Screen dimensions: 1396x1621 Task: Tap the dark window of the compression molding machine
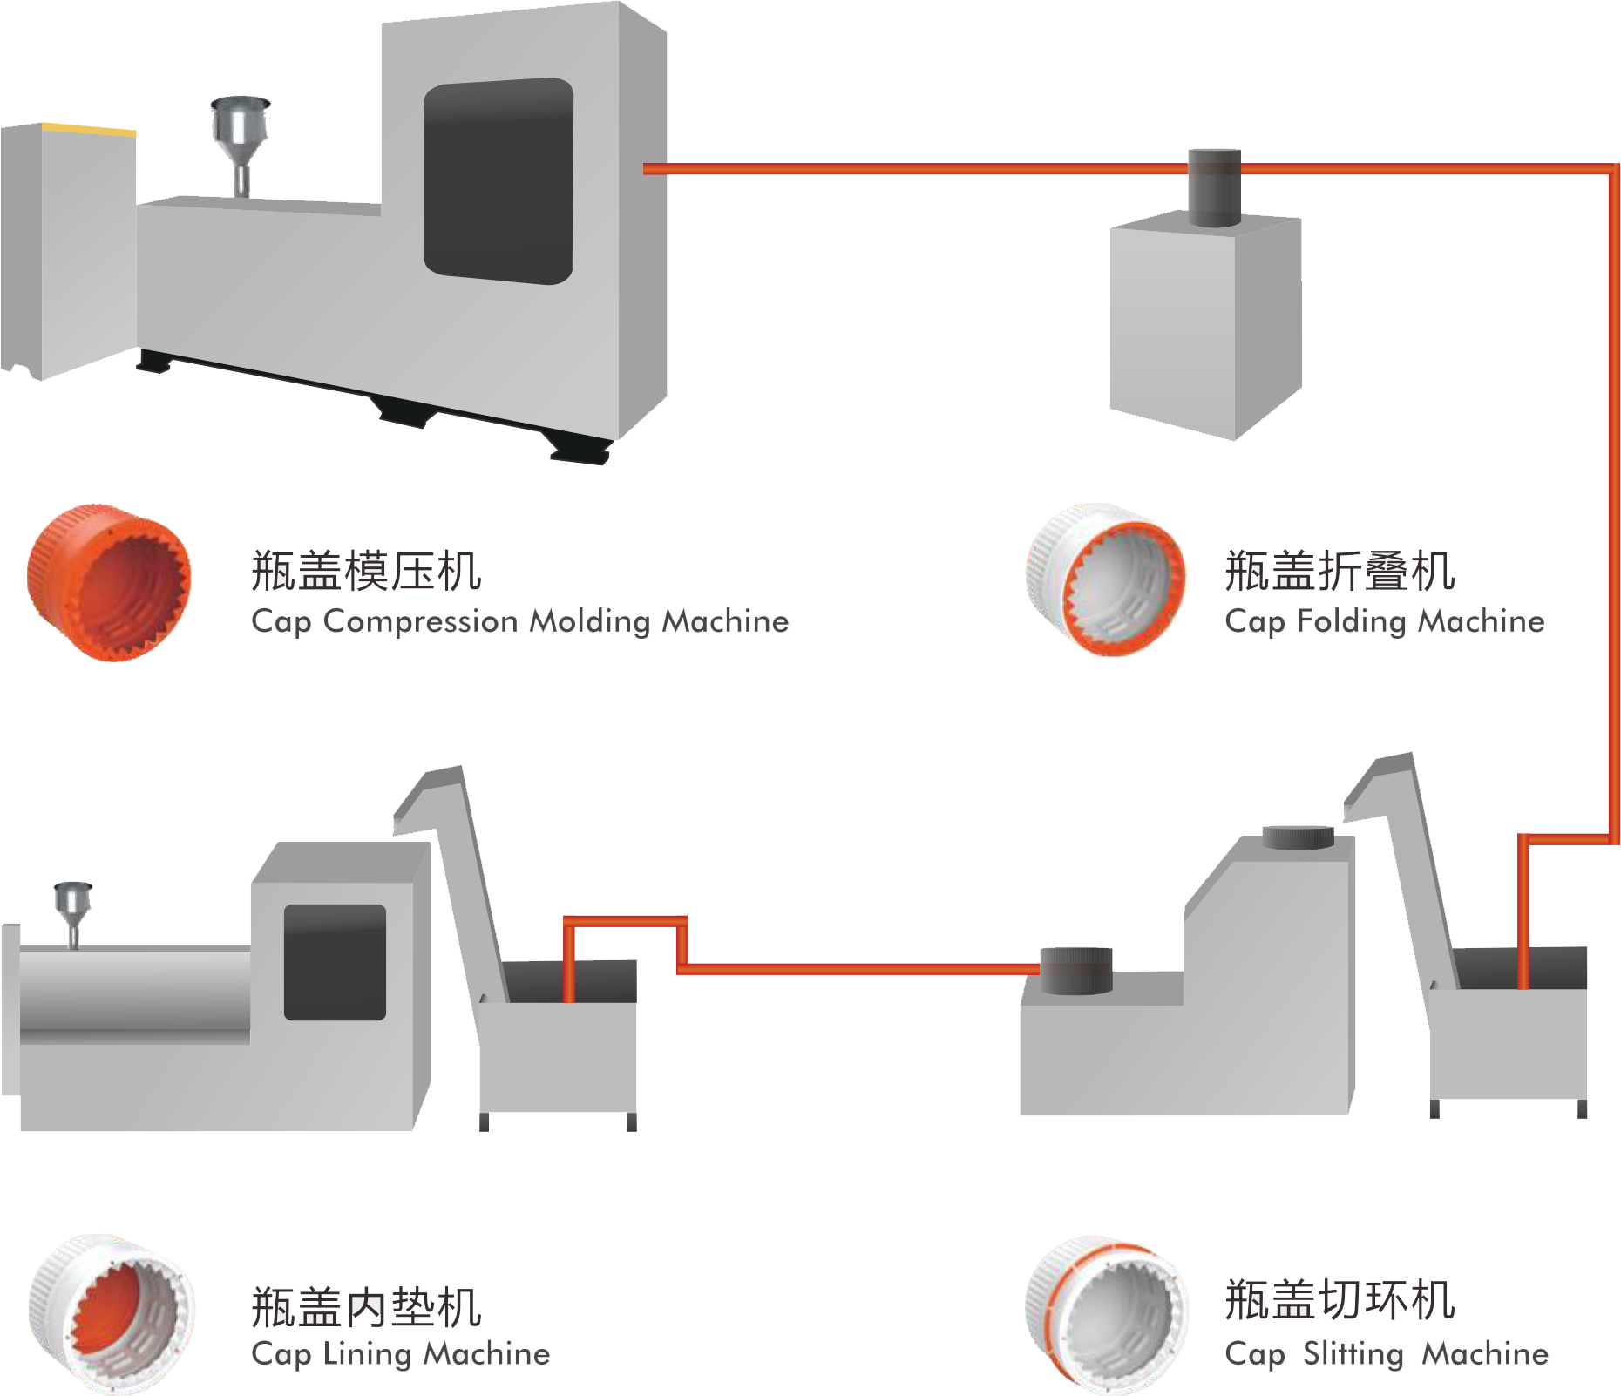tap(498, 181)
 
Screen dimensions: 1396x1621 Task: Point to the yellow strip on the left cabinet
tap(89, 129)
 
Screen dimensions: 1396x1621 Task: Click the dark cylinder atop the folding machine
tap(1214, 186)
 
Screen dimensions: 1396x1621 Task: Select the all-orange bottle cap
tap(109, 581)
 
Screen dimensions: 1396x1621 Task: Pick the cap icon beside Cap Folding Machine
tap(1105, 579)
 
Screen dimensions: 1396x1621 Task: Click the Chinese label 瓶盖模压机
tap(366, 572)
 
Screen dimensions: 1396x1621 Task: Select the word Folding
tap(1353, 621)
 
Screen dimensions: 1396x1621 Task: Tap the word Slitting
tap(1353, 1353)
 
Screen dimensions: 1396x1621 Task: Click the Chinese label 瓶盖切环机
tap(1340, 1300)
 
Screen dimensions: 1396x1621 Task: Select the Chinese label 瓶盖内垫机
tap(366, 1307)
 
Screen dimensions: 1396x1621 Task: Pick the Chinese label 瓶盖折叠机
tap(1340, 572)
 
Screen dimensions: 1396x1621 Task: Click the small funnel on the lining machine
tap(72, 906)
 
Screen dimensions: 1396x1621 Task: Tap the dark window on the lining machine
tap(335, 962)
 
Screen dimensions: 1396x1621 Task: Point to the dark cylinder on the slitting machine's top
tap(1298, 837)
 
